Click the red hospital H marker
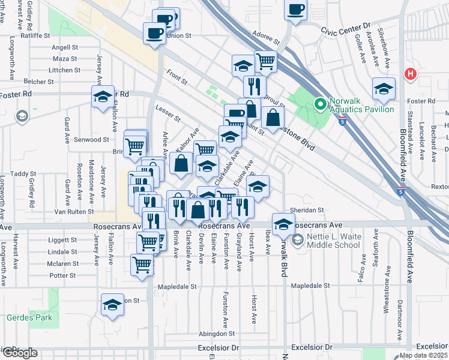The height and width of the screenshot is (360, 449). (x=410, y=74)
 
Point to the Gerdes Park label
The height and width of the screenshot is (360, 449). (x=29, y=317)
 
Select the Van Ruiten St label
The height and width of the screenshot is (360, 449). (x=74, y=212)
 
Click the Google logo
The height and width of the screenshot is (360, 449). (x=20, y=353)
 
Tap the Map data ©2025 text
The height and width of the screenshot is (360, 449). (x=415, y=355)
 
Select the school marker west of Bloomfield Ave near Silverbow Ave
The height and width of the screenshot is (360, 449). (x=384, y=88)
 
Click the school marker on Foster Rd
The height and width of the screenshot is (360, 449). (x=103, y=96)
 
